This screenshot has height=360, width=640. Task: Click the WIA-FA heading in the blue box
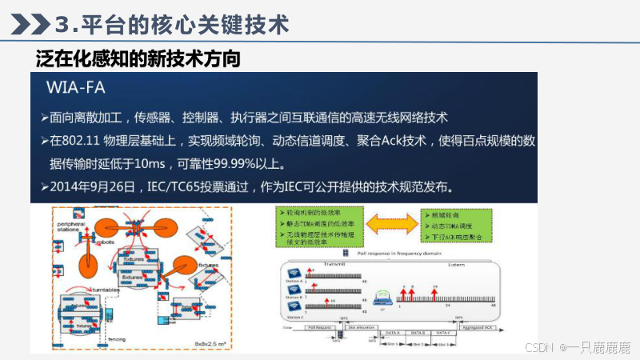tap(77, 86)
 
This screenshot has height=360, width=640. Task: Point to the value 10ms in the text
tap(148, 164)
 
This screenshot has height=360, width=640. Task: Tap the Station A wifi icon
tap(294, 272)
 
